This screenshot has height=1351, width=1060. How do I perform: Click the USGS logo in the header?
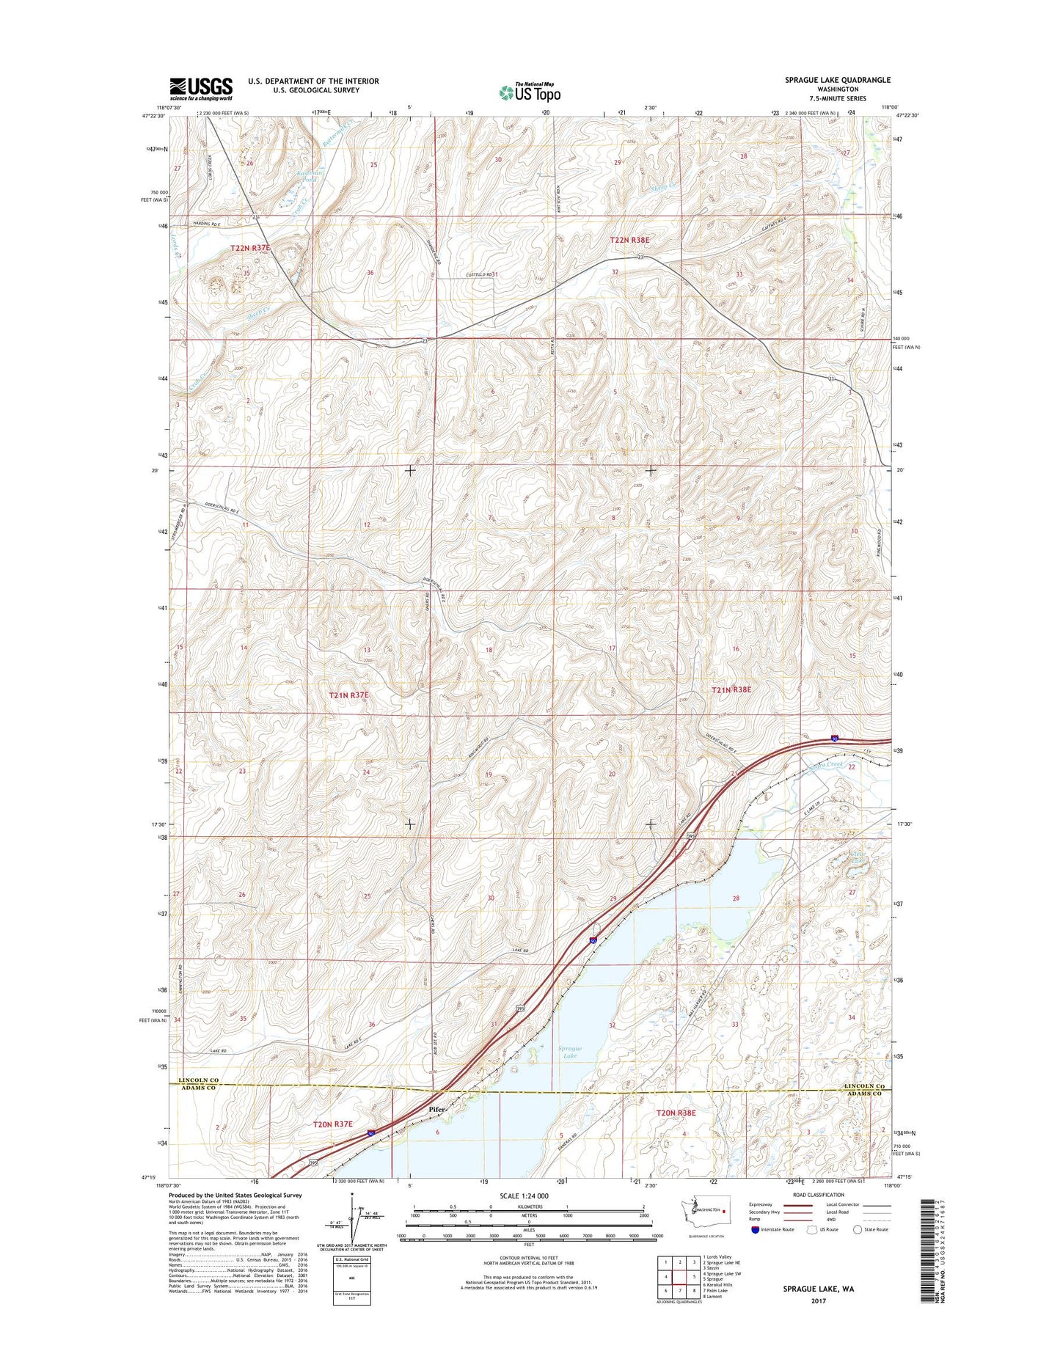pyautogui.click(x=201, y=89)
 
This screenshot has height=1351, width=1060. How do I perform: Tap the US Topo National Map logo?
pyautogui.click(x=530, y=92)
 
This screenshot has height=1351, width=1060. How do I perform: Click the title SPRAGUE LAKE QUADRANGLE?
pyautogui.click(x=837, y=80)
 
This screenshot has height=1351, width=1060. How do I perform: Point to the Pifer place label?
pyautogui.click(x=436, y=1110)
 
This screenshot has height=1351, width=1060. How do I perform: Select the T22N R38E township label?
pyautogui.click(x=629, y=240)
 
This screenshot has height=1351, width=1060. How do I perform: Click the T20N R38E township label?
pyautogui.click(x=675, y=1113)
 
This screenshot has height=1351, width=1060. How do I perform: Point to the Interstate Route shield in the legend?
pyautogui.click(x=755, y=1229)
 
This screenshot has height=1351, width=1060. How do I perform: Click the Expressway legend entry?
pyautogui.click(x=759, y=1204)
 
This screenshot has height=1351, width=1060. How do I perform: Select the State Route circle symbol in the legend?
pyautogui.click(x=857, y=1229)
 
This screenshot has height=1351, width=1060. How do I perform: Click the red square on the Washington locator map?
pyautogui.click(x=724, y=1212)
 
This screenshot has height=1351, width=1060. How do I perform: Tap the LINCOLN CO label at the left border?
pyautogui.click(x=198, y=1080)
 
